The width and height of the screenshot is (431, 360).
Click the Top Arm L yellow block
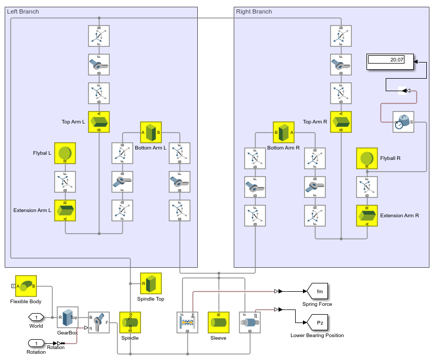[x=99, y=122]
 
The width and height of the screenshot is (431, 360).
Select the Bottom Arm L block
[x=151, y=132]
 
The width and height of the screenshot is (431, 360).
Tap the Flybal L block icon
[x=65, y=153]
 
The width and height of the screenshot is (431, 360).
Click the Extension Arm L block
[x=65, y=210]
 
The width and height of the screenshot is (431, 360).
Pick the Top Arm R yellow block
[x=341, y=122]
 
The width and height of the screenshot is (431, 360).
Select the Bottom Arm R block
[x=284, y=132]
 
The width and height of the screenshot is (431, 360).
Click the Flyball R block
[x=367, y=158]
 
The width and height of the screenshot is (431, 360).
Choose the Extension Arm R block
[x=367, y=216]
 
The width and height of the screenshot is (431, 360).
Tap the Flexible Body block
[x=26, y=286]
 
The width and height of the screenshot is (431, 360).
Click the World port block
[x=36, y=317]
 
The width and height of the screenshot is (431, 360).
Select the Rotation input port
[x=36, y=343]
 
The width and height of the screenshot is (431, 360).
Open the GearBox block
[x=68, y=317]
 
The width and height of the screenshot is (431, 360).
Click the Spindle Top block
[x=151, y=283]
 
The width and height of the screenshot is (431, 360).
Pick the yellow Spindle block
[x=130, y=322]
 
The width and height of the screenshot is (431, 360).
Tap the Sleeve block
[x=219, y=322]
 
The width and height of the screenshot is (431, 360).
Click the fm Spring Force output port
[x=317, y=291]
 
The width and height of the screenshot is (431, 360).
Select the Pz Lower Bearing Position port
[x=317, y=322]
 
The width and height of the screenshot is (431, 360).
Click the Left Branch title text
[x=23, y=11]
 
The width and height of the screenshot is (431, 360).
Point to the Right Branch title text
[x=254, y=11]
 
